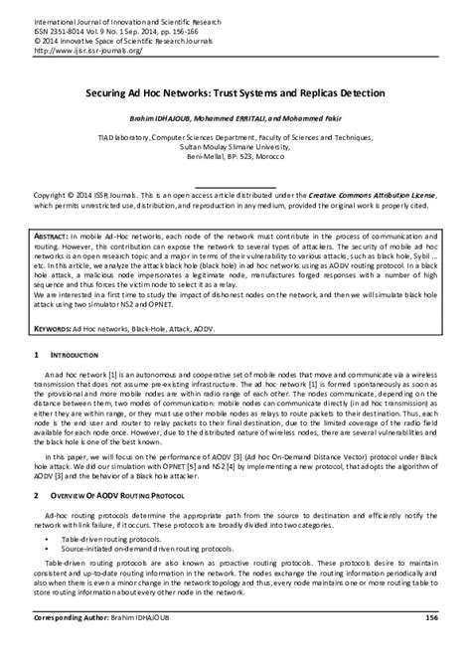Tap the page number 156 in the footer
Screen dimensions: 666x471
tap(432, 645)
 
